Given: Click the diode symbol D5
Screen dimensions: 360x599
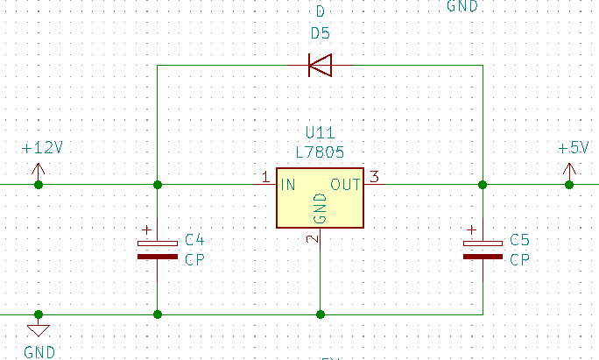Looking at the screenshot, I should (321, 65).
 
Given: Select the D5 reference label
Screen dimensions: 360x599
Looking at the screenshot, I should (321, 34).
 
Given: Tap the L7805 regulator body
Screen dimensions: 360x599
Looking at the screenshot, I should (320, 198).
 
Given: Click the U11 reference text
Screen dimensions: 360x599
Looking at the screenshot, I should (320, 133).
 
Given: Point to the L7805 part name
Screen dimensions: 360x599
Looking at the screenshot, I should (320, 152).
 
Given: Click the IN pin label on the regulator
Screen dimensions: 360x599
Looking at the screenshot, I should (287, 185).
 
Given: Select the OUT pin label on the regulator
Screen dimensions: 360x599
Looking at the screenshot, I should (346, 185).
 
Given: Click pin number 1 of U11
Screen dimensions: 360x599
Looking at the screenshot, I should (266, 178).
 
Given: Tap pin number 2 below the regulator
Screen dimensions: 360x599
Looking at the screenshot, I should (312, 238).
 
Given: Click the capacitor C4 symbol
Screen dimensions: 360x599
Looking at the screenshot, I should (158, 250).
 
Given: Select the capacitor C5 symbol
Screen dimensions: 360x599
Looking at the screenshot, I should (483, 250).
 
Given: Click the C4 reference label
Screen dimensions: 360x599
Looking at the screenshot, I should (194, 240).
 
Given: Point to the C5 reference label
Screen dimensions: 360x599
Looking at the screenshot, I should (519, 240).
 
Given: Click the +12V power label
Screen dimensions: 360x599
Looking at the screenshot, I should (42, 148).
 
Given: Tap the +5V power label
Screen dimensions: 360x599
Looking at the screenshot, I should (574, 148).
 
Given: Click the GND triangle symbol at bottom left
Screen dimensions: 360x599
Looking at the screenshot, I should (39, 330).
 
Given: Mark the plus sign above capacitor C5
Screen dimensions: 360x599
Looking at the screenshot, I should (472, 230).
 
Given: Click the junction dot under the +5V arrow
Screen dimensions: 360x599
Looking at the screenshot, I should (569, 185).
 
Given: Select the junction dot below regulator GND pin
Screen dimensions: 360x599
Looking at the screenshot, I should (321, 314).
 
